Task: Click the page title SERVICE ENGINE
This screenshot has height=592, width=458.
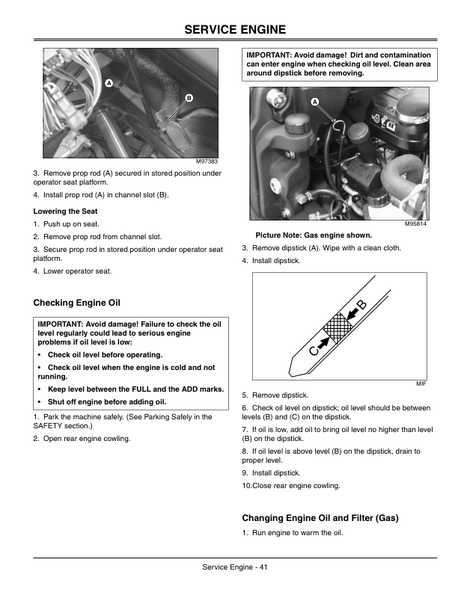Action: click(235, 29)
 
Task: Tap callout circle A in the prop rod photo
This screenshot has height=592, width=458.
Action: click(109, 83)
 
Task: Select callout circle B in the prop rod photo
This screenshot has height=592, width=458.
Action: click(189, 98)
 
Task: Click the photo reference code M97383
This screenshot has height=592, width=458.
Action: click(207, 161)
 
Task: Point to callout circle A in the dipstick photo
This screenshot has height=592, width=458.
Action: click(315, 102)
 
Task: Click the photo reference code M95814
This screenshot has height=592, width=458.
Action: click(415, 224)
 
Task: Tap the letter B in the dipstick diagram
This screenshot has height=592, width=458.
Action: click(361, 305)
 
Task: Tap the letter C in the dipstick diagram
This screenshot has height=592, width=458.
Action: click(314, 351)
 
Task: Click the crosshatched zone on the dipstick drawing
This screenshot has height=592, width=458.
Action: click(337, 327)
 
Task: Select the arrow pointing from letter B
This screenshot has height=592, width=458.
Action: click(350, 314)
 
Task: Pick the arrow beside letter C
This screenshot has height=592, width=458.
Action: click(323, 342)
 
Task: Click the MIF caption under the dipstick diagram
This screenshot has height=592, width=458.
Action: click(421, 384)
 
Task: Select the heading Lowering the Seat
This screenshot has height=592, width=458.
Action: click(65, 212)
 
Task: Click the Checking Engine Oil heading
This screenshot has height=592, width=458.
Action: click(77, 303)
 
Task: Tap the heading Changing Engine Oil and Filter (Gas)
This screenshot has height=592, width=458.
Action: click(320, 518)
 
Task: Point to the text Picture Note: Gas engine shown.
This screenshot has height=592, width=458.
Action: click(314, 235)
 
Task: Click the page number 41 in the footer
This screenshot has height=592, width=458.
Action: click(263, 567)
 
